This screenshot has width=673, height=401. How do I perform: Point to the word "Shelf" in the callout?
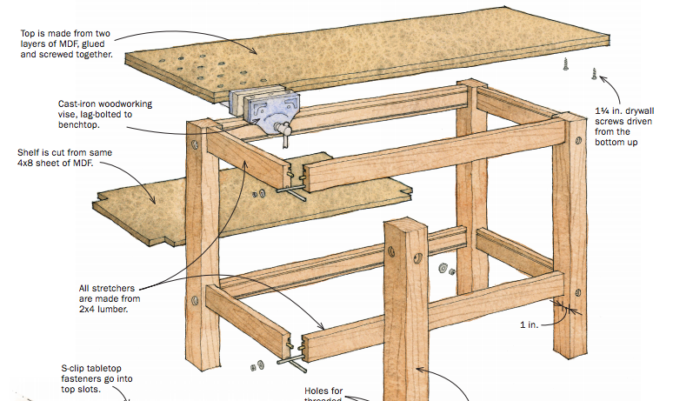pos(30,152)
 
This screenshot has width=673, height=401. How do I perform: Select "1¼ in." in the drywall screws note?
pos(608,110)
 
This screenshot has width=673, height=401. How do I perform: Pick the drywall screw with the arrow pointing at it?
pos(595,76)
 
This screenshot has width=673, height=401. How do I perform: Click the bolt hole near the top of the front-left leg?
pos(197,142)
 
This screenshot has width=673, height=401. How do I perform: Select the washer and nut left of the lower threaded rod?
pos(258,364)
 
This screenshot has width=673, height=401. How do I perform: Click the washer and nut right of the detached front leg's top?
pos(448,269)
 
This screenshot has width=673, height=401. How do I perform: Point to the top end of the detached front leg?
pos(405,226)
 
